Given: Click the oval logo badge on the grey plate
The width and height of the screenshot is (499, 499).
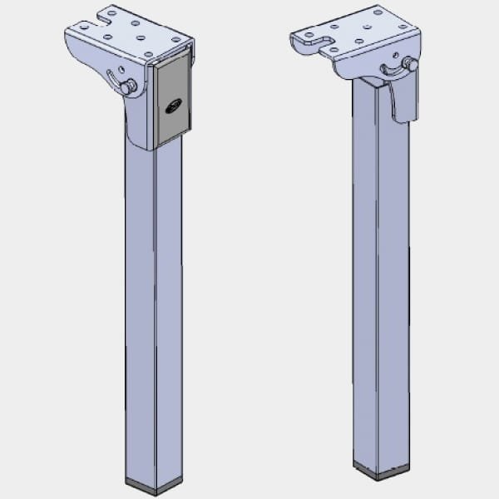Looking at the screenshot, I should click(174, 106).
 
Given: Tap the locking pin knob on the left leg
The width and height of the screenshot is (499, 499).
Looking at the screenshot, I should click(127, 86).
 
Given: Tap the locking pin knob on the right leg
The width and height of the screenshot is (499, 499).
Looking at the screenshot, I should click(408, 63).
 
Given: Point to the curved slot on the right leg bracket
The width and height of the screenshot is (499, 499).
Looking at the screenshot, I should click(388, 70).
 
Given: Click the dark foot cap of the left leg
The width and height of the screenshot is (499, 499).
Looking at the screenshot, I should click(154, 485).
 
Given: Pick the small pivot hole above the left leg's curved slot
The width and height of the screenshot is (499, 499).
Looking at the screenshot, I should click(122, 70).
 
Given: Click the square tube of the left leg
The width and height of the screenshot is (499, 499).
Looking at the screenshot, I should click(154, 316).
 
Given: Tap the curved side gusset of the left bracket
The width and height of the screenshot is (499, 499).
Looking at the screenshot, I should click(137, 116).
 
